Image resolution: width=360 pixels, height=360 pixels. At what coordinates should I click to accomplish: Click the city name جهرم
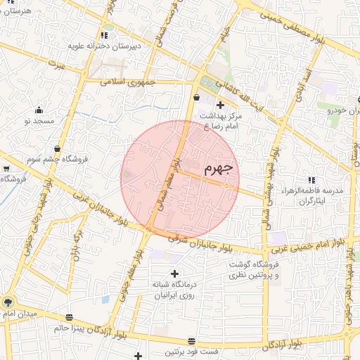tap(218, 169)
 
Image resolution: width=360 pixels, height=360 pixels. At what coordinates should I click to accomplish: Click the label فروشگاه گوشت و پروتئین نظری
tap(253, 270)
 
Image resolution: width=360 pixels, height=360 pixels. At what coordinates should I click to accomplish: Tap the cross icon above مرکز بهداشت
tap(220, 105)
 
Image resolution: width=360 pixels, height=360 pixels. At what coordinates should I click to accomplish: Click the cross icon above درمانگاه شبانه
tap(174, 273)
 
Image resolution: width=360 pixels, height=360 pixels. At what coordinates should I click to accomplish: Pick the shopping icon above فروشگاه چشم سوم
tap(56, 148)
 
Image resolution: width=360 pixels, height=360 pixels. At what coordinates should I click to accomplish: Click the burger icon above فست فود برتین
tap(191, 341)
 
